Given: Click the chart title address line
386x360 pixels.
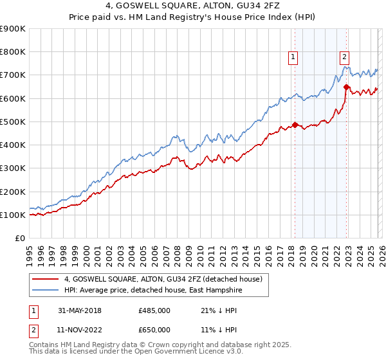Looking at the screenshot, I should coord(193,6).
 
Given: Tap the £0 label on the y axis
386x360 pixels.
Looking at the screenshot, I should coord(19,239).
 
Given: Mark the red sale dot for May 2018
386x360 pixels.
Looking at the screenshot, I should coord(295,125).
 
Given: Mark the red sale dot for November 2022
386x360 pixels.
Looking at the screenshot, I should coord(346,87).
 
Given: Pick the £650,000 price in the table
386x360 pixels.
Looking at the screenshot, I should coord(154,330).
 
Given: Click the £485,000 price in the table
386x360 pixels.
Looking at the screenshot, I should coord(154,310).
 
